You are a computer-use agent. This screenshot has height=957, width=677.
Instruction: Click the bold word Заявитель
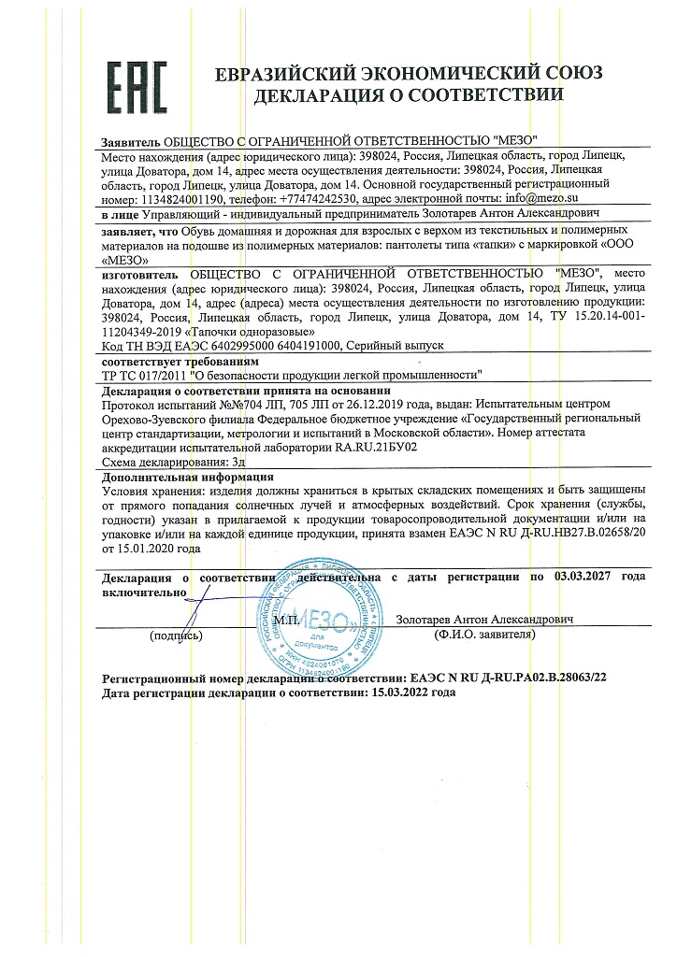coord(130,139)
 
